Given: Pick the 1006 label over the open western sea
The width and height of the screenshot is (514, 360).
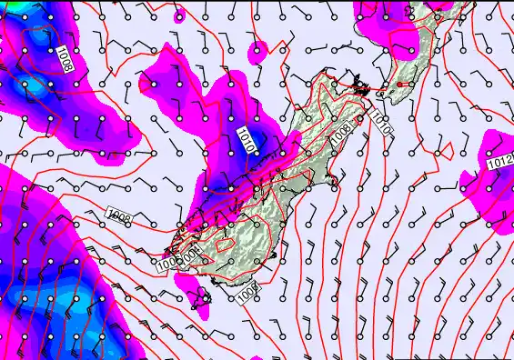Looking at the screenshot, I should tap(118, 215).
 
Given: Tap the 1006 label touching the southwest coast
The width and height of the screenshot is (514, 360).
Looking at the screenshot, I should tap(167, 265).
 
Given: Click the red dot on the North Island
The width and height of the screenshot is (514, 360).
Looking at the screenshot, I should tap(399, 85).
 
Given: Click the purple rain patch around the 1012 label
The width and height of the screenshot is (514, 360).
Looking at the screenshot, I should tap(487, 168).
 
